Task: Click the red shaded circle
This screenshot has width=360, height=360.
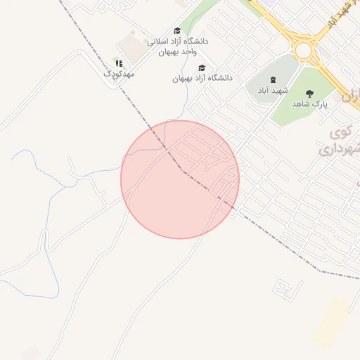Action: click(x=180, y=179)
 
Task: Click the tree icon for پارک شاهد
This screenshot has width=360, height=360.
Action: click(x=309, y=94)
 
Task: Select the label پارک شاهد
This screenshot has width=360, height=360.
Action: click(x=310, y=104)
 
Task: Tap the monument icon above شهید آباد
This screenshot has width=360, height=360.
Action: click(x=274, y=80)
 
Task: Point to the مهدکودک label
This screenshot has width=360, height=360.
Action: click(x=119, y=73)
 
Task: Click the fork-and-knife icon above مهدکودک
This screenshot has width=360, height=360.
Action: click(x=119, y=63)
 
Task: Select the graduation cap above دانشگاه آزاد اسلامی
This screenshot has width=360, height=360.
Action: click(x=177, y=31)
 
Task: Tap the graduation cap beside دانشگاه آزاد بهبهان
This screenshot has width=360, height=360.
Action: click(x=202, y=68)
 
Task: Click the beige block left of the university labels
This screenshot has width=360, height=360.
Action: click(x=133, y=48)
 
